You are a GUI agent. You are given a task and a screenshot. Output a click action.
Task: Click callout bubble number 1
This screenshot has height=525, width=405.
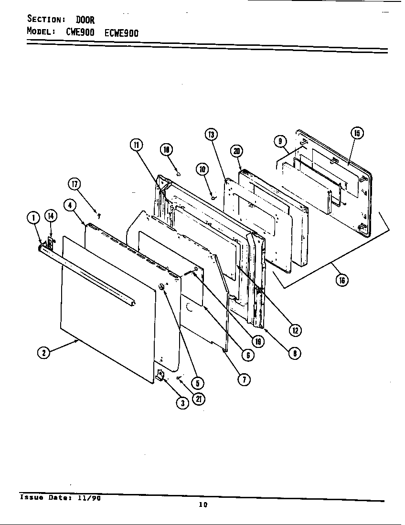33,218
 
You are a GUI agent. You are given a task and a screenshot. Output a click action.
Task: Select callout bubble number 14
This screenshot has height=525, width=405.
50,216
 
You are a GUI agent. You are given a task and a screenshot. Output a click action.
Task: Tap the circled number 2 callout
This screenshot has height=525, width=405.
43,353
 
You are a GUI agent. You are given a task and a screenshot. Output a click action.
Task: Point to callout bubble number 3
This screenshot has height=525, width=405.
182,403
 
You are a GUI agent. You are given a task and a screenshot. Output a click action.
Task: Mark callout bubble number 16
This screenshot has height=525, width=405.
341,280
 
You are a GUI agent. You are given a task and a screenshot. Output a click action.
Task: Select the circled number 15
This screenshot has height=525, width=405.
357,133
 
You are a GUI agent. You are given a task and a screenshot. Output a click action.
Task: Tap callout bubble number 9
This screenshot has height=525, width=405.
280,140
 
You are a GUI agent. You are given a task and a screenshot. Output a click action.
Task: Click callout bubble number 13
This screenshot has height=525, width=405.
211,135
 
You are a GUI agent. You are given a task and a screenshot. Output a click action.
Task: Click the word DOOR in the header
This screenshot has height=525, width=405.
85,20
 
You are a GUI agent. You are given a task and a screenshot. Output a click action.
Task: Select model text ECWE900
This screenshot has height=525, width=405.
121,33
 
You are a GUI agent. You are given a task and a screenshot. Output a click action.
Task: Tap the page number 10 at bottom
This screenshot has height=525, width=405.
203,505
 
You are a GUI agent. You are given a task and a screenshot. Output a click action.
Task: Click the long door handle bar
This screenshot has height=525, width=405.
86,274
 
